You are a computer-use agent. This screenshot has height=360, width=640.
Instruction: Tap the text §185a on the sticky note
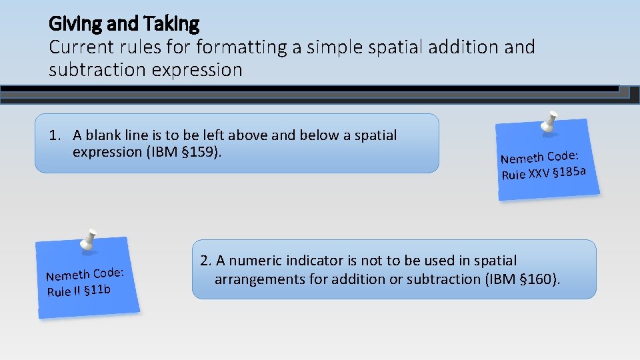point(571,172)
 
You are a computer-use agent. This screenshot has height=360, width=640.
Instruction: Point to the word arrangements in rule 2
point(259,279)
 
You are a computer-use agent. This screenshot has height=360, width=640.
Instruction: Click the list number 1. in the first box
point(55,135)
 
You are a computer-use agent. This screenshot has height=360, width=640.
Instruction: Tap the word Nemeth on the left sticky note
point(67,274)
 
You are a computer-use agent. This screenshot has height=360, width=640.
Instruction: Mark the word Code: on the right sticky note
point(562,156)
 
